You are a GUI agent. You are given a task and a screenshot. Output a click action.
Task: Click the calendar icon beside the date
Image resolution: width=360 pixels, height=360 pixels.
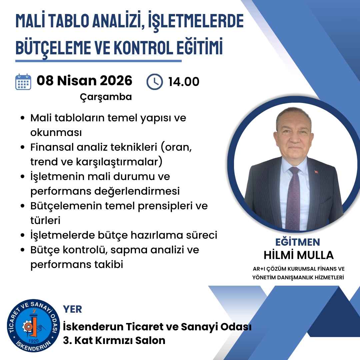(23, 82)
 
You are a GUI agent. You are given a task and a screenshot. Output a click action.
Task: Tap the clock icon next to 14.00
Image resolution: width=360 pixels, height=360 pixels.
(155, 82)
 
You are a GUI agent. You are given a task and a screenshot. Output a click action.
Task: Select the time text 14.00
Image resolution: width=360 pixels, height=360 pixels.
(184, 82)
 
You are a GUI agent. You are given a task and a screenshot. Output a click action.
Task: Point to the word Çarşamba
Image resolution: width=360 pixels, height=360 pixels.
(106, 97)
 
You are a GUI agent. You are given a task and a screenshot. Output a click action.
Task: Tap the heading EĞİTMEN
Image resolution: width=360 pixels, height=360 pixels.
(298, 242)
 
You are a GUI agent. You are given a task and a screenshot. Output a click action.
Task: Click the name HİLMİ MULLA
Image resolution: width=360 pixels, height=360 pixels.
(298, 255)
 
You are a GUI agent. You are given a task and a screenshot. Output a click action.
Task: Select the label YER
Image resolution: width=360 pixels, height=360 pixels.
(72, 309)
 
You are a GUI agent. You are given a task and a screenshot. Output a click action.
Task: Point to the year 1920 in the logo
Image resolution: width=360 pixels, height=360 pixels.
(34, 341)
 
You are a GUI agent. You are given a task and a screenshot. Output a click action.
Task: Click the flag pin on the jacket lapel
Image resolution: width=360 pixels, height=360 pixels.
(316, 172)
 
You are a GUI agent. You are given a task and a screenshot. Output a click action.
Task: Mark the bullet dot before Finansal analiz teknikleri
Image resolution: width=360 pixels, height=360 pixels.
(23, 147)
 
